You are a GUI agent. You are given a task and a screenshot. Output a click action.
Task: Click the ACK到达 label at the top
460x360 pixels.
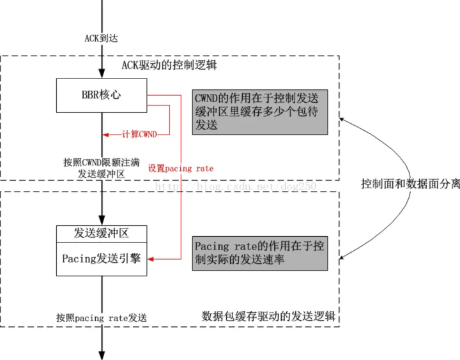pos(101,38)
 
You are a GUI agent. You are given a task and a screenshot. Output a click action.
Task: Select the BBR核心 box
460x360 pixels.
pos(101,95)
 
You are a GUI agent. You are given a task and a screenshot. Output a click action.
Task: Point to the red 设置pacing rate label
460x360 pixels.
pos(181,169)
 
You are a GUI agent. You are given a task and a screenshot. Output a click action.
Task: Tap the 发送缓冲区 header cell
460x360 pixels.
pos(101,233)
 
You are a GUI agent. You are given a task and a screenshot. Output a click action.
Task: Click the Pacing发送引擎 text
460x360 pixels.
pos(101,259)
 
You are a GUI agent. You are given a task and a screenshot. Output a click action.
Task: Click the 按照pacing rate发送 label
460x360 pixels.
pos(101,317)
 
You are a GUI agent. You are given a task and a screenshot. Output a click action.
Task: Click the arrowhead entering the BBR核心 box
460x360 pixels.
pos(101,74)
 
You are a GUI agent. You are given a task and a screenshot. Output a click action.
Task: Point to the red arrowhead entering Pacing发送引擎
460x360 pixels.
pos(151,259)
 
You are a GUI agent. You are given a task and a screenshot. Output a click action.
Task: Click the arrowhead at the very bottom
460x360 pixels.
pos(101,354)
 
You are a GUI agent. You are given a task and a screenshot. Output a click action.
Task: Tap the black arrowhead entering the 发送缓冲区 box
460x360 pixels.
pos(101,220)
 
